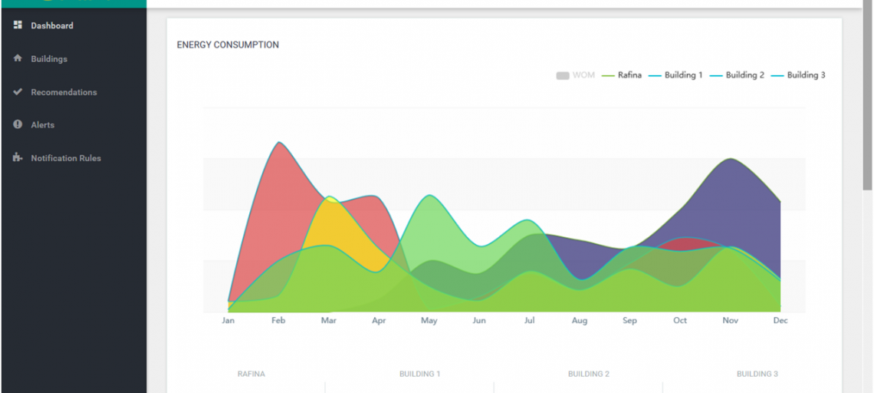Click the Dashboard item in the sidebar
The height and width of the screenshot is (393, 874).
click(51, 25)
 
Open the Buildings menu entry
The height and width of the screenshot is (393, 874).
click(48, 59)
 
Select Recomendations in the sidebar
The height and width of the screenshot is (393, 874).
click(64, 92)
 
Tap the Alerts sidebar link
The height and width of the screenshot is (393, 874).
click(42, 125)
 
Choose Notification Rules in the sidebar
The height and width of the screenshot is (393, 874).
click(65, 158)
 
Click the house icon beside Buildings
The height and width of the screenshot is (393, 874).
click(18, 58)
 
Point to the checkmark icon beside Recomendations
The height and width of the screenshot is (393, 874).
click(18, 91)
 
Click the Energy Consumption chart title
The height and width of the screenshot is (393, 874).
click(228, 45)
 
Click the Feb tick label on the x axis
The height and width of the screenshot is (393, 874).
click(278, 321)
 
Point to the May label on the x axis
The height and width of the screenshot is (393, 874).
click(429, 321)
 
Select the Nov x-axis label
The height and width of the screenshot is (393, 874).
click(730, 321)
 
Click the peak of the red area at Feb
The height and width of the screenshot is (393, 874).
click(279, 143)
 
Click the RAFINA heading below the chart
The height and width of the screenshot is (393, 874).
click(251, 374)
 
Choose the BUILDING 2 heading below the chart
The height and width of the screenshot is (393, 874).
click(588, 374)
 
